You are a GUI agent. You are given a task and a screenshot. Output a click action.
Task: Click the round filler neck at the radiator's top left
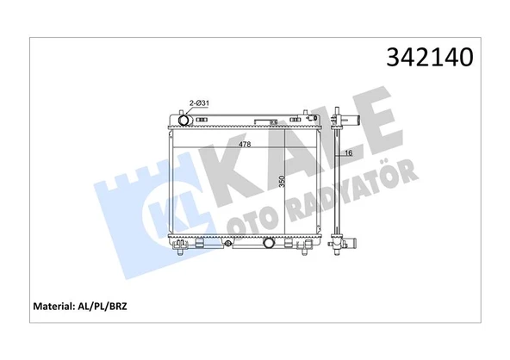pyautogui.click(x=182, y=119)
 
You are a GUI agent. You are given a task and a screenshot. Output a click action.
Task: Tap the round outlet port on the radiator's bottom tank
pyautogui.click(x=270, y=245)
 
